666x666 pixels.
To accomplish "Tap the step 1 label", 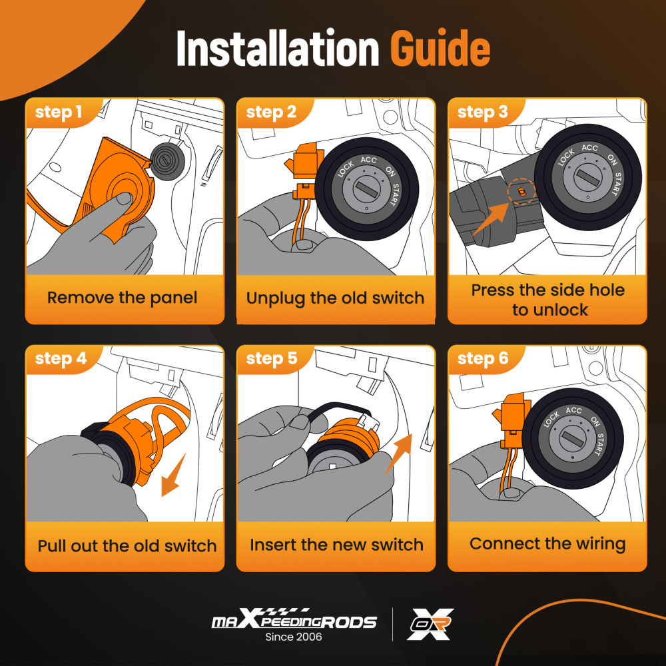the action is [x=58, y=112].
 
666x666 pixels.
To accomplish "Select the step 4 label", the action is [x=61, y=358].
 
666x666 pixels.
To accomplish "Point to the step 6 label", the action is [x=483, y=358].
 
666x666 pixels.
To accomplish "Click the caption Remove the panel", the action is [x=123, y=298].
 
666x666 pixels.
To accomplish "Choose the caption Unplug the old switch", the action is [x=335, y=298].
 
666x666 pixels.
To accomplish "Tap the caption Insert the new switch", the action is [x=336, y=545].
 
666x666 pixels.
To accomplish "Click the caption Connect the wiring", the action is [x=547, y=543].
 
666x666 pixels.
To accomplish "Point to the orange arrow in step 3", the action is [x=491, y=218].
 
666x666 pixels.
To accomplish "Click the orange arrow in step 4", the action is [x=174, y=475].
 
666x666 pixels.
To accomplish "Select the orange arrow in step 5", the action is [x=398, y=454].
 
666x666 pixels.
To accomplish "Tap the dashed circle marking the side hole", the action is [x=521, y=192].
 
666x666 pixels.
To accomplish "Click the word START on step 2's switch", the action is [x=394, y=195].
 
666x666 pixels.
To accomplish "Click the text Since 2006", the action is [x=294, y=637].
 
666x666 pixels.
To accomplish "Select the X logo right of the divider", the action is [x=430, y=624].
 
